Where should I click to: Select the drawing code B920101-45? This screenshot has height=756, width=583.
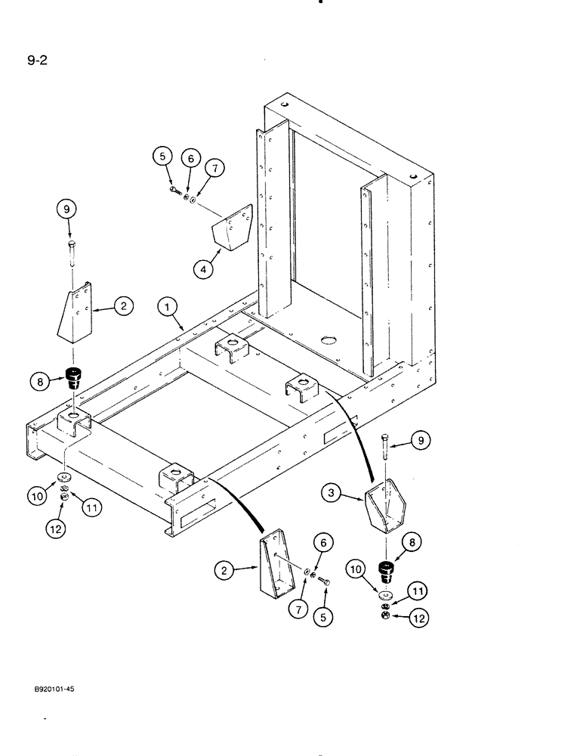pyautogui.click(x=59, y=689)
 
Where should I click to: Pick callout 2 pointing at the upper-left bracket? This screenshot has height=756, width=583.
pyautogui.click(x=124, y=305)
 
